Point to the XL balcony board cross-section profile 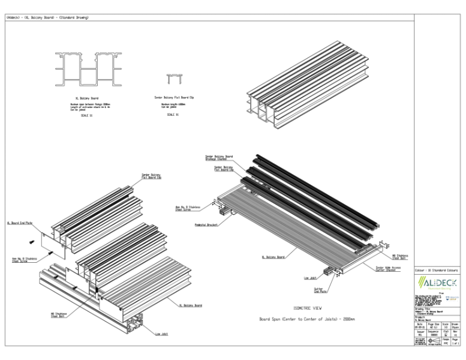click(x=87, y=68)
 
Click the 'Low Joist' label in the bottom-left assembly click(x=161, y=334)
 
